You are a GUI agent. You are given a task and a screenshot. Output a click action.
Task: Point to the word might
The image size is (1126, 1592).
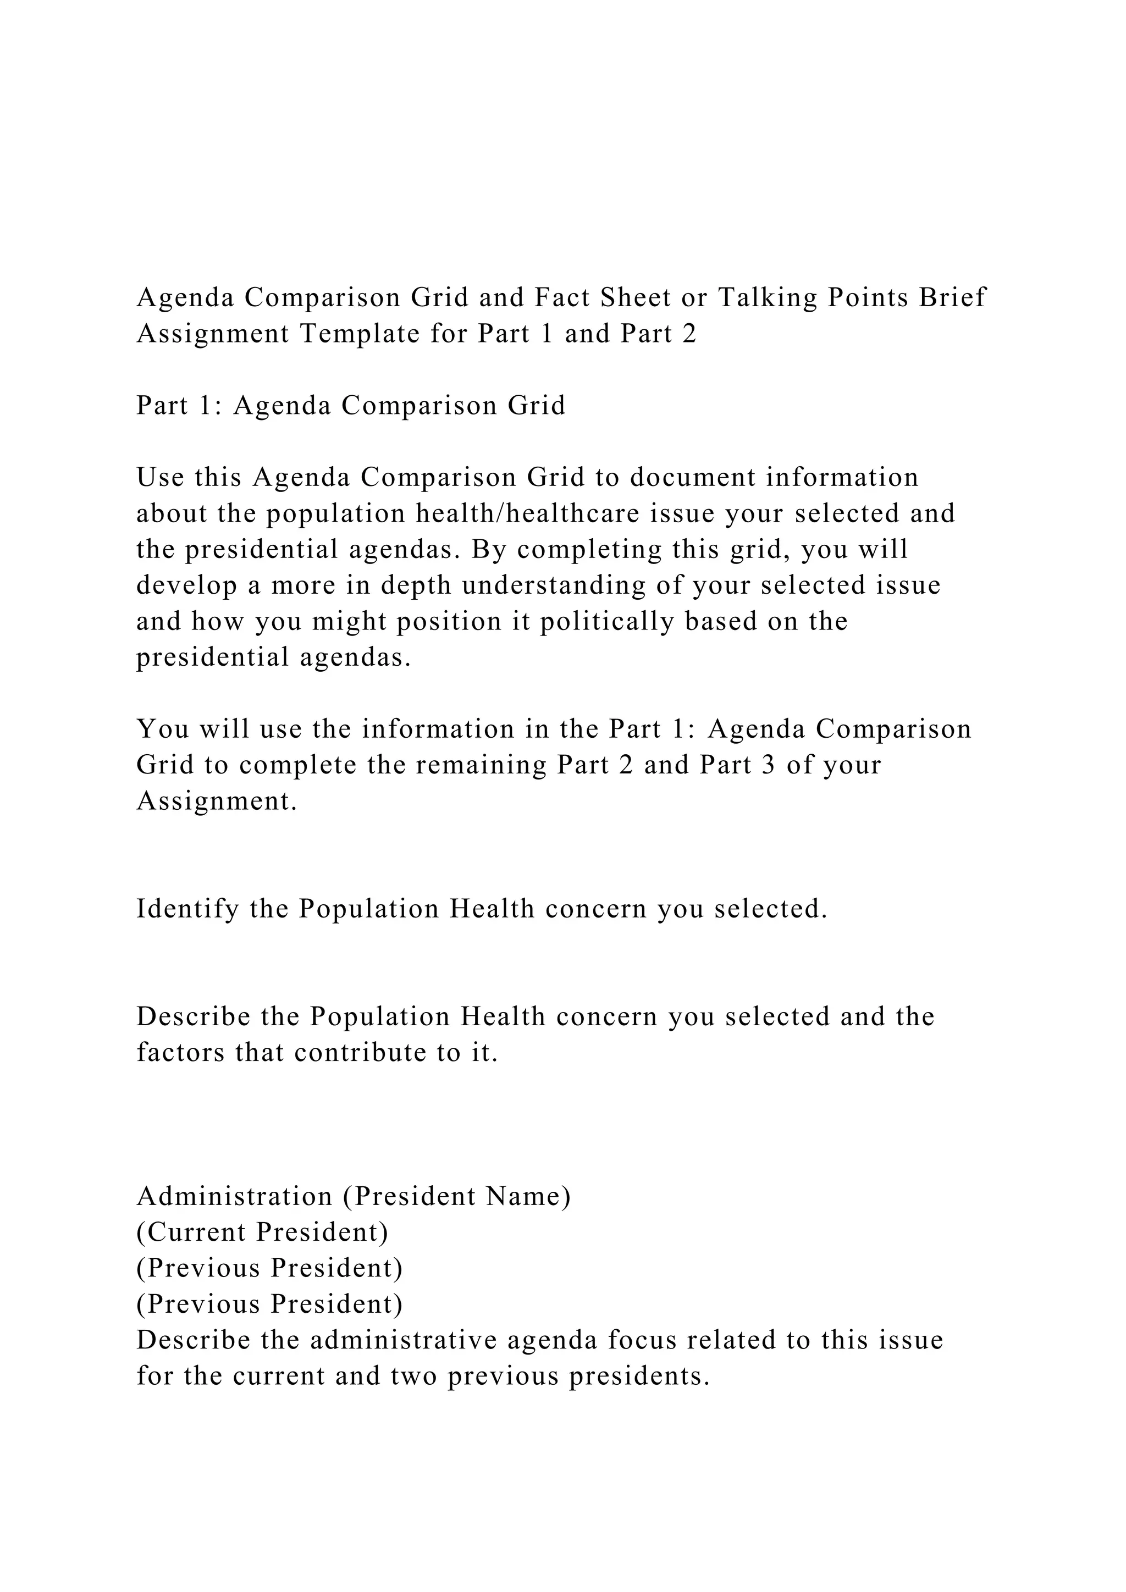coord(349,621)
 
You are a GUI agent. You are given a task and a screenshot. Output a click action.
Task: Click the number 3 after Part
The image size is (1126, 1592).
coord(768,765)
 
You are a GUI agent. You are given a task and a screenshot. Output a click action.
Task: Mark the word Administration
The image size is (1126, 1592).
coord(234,1196)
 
